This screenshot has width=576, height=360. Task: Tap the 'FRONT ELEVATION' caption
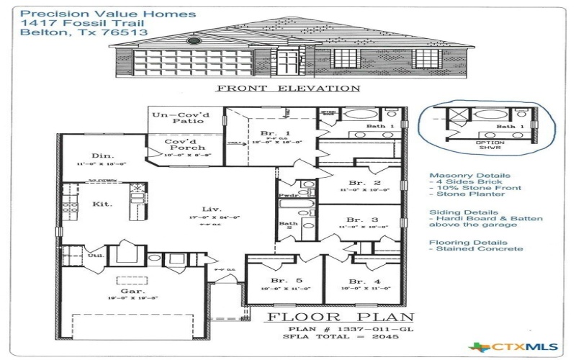(x=288, y=89)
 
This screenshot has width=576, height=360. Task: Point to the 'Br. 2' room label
(x=359, y=183)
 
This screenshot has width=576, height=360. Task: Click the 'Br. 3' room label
(x=359, y=219)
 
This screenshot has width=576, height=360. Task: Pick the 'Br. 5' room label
(x=280, y=281)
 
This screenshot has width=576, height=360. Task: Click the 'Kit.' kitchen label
(x=103, y=204)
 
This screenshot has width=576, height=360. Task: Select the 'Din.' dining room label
(x=100, y=156)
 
